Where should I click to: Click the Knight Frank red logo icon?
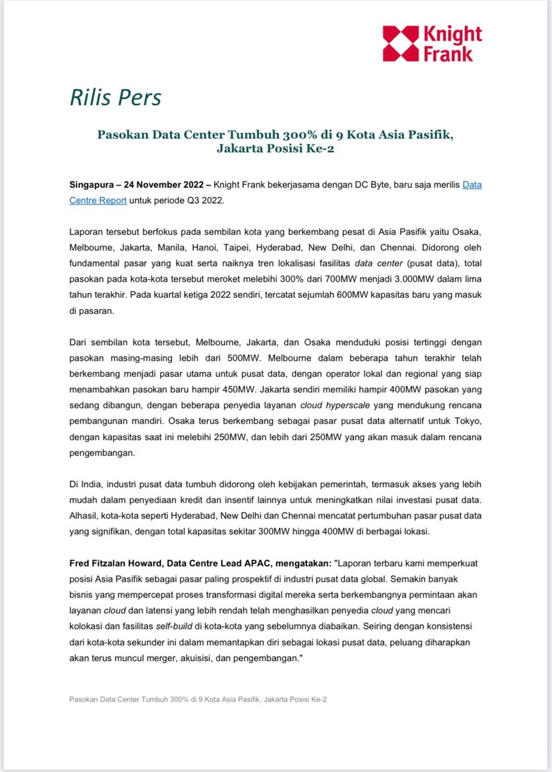tap(400, 44)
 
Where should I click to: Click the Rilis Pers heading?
tap(115, 97)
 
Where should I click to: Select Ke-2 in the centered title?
tap(318, 149)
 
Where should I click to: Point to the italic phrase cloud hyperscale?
tap(331, 404)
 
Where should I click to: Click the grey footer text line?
tap(197, 699)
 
